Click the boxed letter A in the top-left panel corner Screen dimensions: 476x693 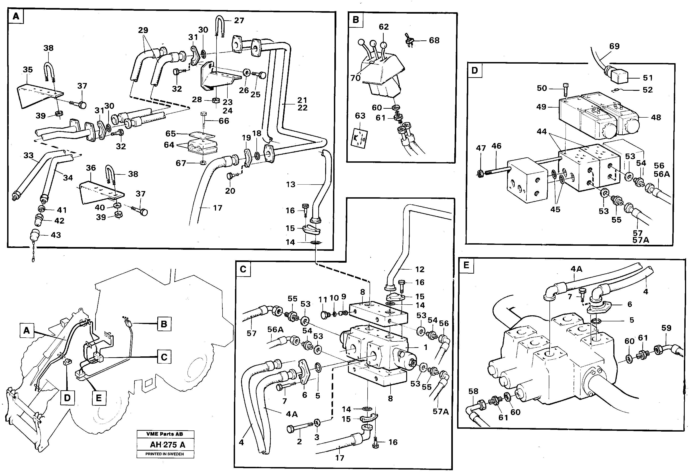click(x=16, y=17)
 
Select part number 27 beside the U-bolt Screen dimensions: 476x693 click(x=239, y=21)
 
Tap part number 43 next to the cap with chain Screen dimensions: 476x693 click(x=56, y=235)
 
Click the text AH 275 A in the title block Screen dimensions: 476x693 click(x=167, y=445)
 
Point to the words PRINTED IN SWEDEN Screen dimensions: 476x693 click(x=165, y=454)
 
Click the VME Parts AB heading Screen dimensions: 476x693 click(x=165, y=434)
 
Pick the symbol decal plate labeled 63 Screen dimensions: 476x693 click(x=360, y=138)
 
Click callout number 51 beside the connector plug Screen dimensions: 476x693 click(x=648, y=78)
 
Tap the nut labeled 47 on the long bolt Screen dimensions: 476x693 click(x=480, y=174)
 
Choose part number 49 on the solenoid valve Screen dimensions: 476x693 click(x=541, y=107)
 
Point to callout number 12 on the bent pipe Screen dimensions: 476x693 click(x=420, y=269)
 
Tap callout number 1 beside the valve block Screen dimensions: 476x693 click(x=426, y=347)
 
